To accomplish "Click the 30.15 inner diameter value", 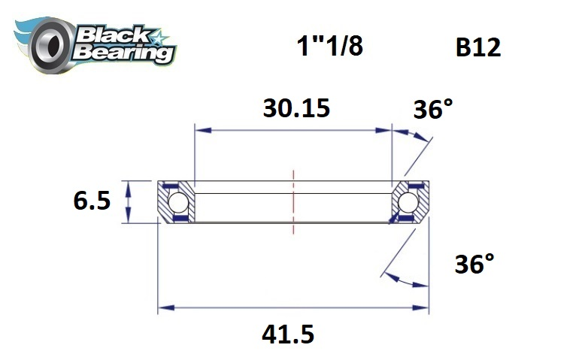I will coord(296,109).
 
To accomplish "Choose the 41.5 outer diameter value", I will coord(289,334).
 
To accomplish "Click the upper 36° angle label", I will coord(435,110).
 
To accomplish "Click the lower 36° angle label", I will coord(475,265).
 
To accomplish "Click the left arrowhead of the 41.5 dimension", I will coord(163,307).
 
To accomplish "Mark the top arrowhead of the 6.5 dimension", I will coord(129,185).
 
